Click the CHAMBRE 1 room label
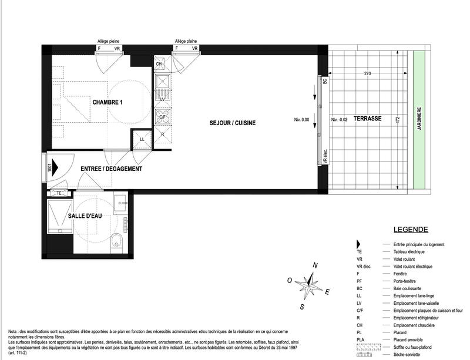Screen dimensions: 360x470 click(111, 102)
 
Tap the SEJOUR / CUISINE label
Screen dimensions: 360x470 click(233, 123)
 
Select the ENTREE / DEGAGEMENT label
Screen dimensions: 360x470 click(112, 169)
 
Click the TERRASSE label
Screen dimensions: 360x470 click(368, 119)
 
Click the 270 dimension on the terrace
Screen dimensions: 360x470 click(367, 74)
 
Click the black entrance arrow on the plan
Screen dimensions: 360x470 click(55, 167)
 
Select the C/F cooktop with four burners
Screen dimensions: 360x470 click(163, 116)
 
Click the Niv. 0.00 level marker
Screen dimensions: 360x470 click(301, 120)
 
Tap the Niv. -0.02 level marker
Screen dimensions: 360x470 click(340, 120)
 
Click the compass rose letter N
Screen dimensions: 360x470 click(315, 265)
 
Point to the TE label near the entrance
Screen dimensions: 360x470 click(58, 193)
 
